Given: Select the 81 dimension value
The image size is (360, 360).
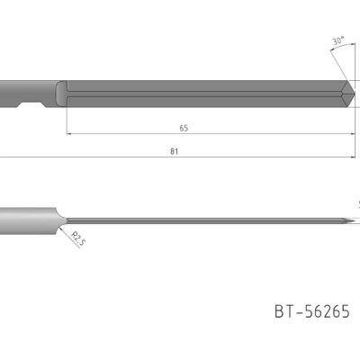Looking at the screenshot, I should [x=174, y=151].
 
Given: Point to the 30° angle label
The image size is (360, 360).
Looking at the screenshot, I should [x=338, y=41].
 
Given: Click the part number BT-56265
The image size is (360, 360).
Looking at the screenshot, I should [x=311, y=311].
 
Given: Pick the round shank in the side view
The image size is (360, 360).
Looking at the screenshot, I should [x=27, y=217].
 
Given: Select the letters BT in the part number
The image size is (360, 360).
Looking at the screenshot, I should [x=283, y=311].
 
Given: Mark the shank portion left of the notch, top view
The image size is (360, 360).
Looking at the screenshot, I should [x=9, y=93].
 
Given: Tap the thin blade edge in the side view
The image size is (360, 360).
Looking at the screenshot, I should [x=207, y=220].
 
